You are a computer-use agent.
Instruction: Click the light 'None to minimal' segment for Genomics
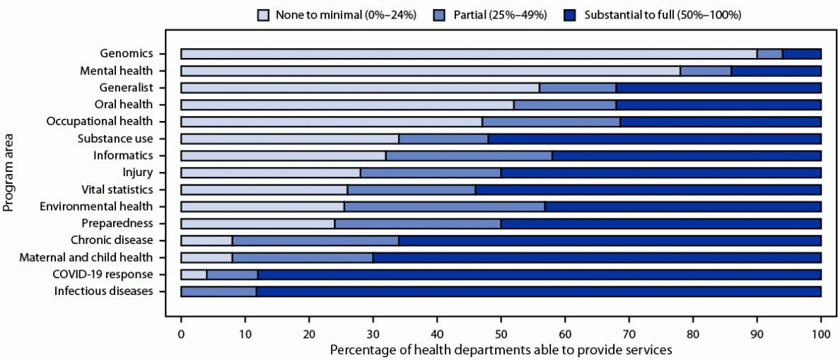coord(468,54)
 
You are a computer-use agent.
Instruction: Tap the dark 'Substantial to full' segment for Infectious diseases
coord(537,291)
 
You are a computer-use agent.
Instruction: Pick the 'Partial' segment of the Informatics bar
coord(469,156)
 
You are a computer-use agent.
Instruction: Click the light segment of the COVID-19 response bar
coord(194,274)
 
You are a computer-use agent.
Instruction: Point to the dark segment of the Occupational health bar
coord(720,122)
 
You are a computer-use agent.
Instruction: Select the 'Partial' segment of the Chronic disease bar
coord(315,240)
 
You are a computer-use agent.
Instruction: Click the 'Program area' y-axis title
coord(9,173)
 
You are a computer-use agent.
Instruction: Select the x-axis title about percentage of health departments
coord(501,349)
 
